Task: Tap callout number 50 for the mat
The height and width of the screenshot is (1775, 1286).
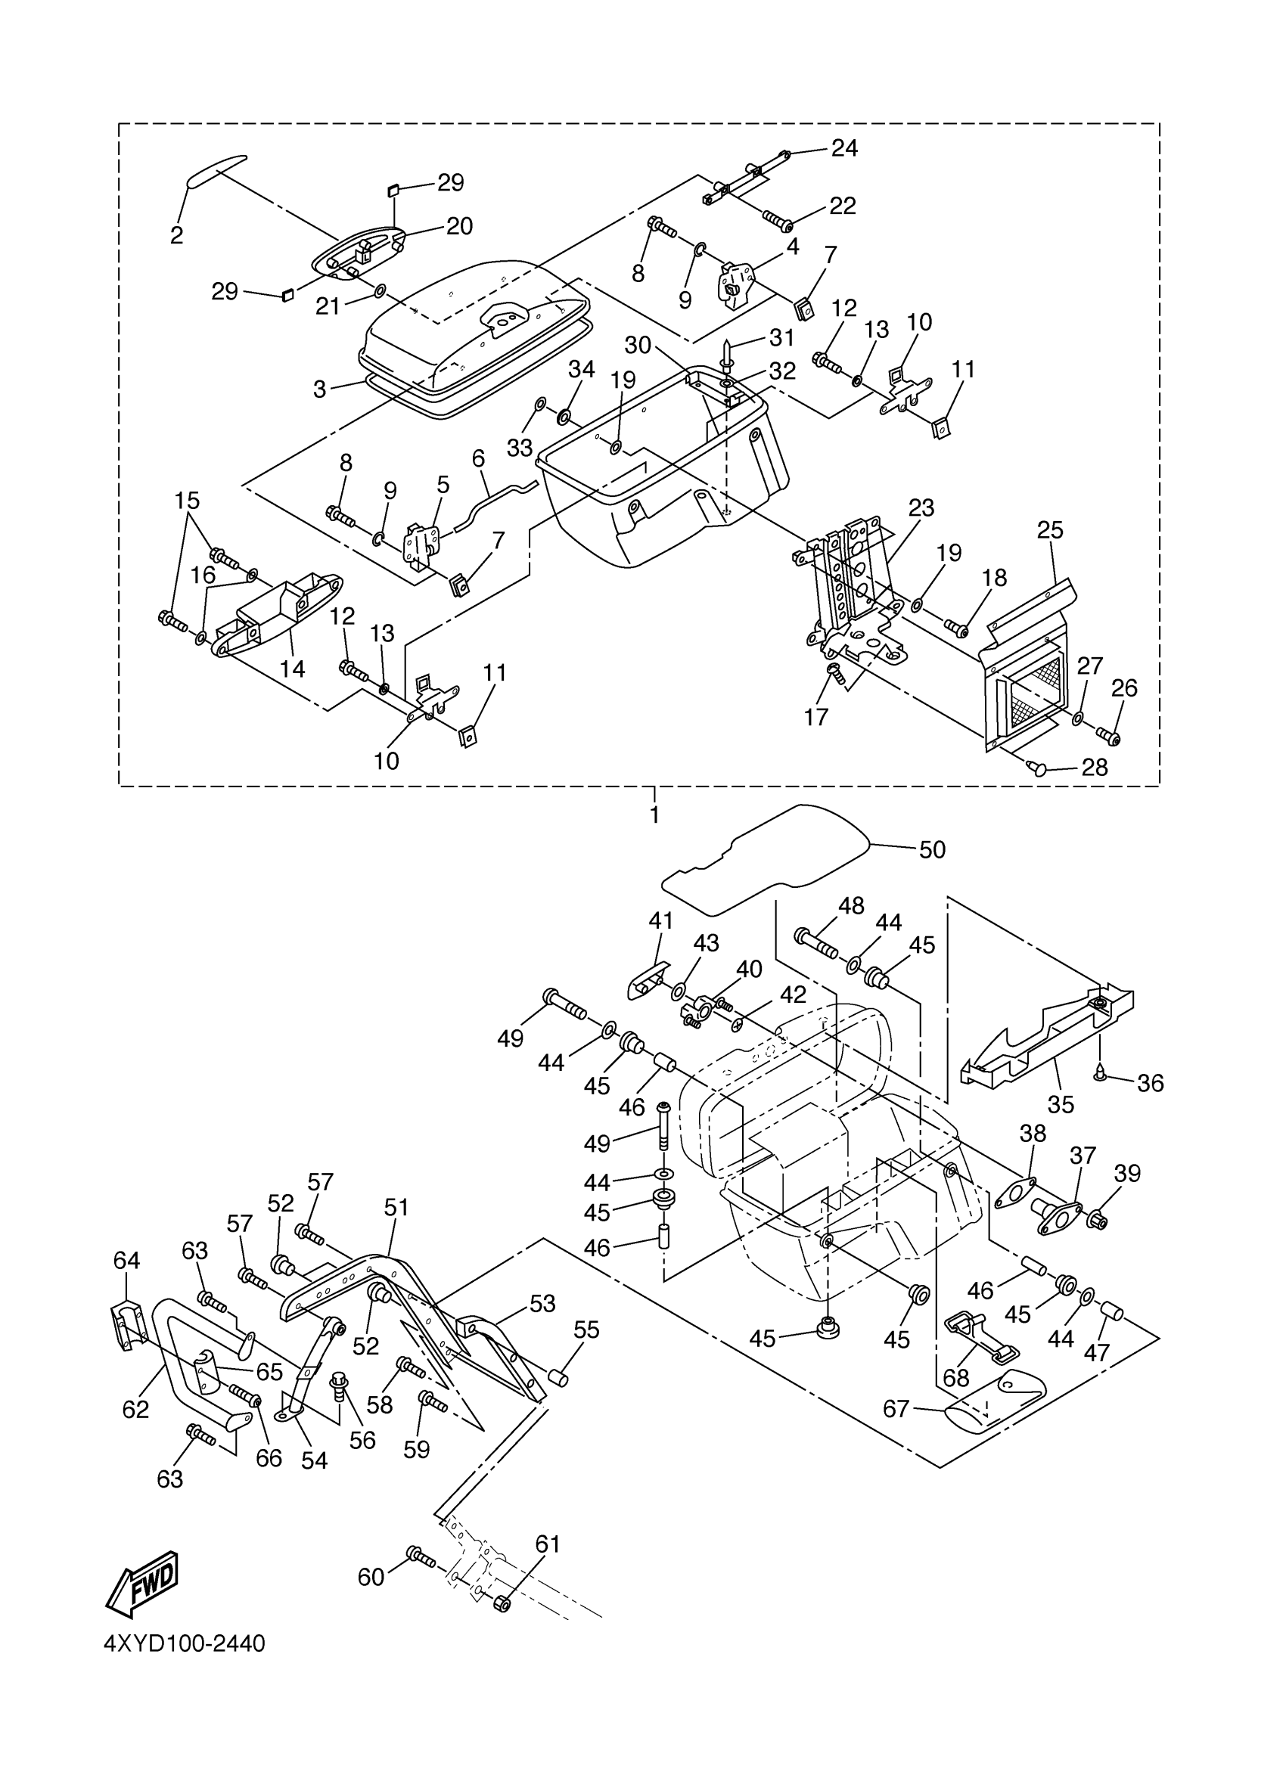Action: click(x=932, y=849)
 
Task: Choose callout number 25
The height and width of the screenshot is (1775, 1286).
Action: click(x=1050, y=530)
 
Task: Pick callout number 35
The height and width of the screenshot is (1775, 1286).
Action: click(x=1061, y=1104)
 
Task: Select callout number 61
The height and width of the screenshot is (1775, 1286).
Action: click(x=548, y=1544)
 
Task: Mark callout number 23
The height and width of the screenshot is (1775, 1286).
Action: click(x=921, y=508)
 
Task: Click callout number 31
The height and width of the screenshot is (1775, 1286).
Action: click(x=781, y=338)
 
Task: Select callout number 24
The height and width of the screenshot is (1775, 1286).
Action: click(x=844, y=148)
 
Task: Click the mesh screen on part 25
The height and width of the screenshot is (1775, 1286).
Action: click(x=1034, y=690)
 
